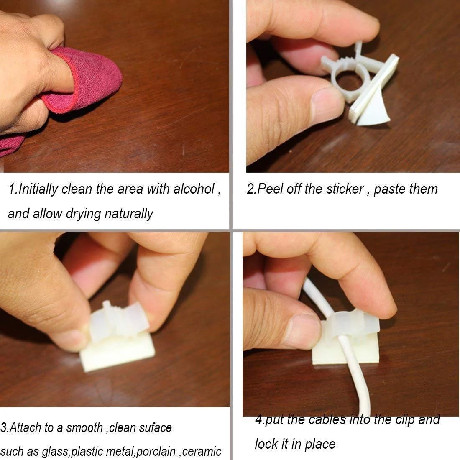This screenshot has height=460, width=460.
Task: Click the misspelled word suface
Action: coord(155,428)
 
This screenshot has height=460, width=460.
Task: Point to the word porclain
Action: coord(157,452)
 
